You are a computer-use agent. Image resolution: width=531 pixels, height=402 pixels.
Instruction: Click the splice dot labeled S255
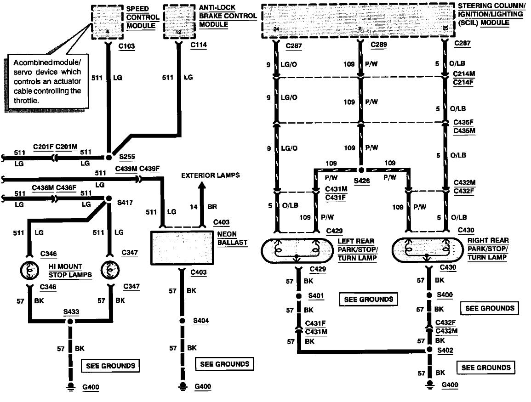coord(109,157)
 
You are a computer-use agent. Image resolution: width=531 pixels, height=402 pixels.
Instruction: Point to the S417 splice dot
coord(109,198)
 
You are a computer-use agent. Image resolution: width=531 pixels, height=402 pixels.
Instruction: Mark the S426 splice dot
coord(361,170)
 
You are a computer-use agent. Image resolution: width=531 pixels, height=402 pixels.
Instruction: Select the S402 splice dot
coord(429,351)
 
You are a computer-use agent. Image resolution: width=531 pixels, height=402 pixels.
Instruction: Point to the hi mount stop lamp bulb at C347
coord(110,270)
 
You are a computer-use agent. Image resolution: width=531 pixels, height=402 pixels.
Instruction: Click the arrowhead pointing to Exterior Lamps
coord(201,186)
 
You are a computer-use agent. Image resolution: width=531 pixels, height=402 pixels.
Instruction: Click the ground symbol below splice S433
coord(70,386)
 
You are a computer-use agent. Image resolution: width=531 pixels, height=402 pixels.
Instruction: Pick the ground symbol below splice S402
coord(429,383)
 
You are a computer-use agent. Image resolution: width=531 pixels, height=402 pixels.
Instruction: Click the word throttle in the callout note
coord(26,99)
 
